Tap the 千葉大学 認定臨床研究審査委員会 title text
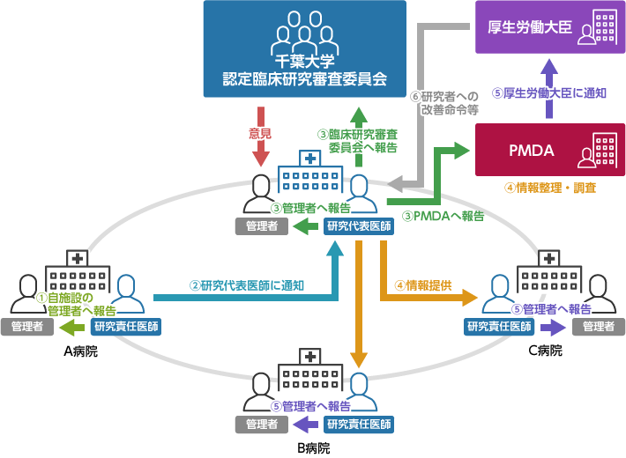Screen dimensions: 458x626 [x=305, y=70]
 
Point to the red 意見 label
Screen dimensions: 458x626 [x=260, y=135]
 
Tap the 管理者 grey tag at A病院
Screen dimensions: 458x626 [x=27, y=327]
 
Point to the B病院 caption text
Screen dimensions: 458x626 [x=313, y=447]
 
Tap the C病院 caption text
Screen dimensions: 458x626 [x=544, y=351]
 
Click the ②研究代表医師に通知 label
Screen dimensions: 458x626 [x=247, y=285]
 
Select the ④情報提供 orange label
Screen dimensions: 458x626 [x=423, y=285]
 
